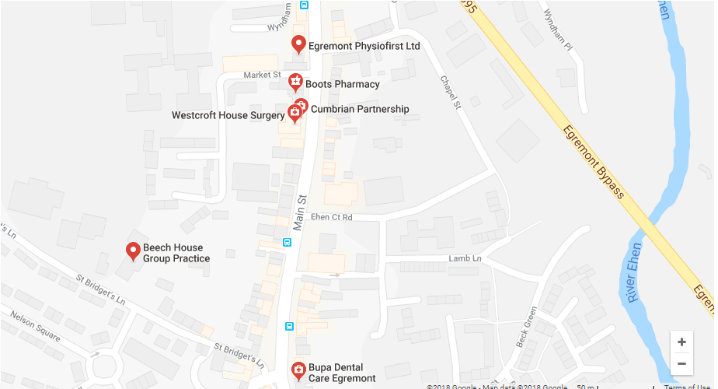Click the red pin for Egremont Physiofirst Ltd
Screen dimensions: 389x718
298,44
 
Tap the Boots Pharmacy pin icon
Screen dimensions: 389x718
295,81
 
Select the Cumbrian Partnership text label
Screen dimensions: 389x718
359,109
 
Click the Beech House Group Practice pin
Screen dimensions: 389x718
133,251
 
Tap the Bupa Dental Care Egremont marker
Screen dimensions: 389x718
297,370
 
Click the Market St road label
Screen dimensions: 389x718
261,75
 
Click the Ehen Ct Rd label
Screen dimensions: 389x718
331,217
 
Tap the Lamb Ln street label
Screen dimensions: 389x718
465,258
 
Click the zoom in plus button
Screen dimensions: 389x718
681,342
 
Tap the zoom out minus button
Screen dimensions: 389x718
681,363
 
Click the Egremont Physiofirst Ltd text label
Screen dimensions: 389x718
364,46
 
